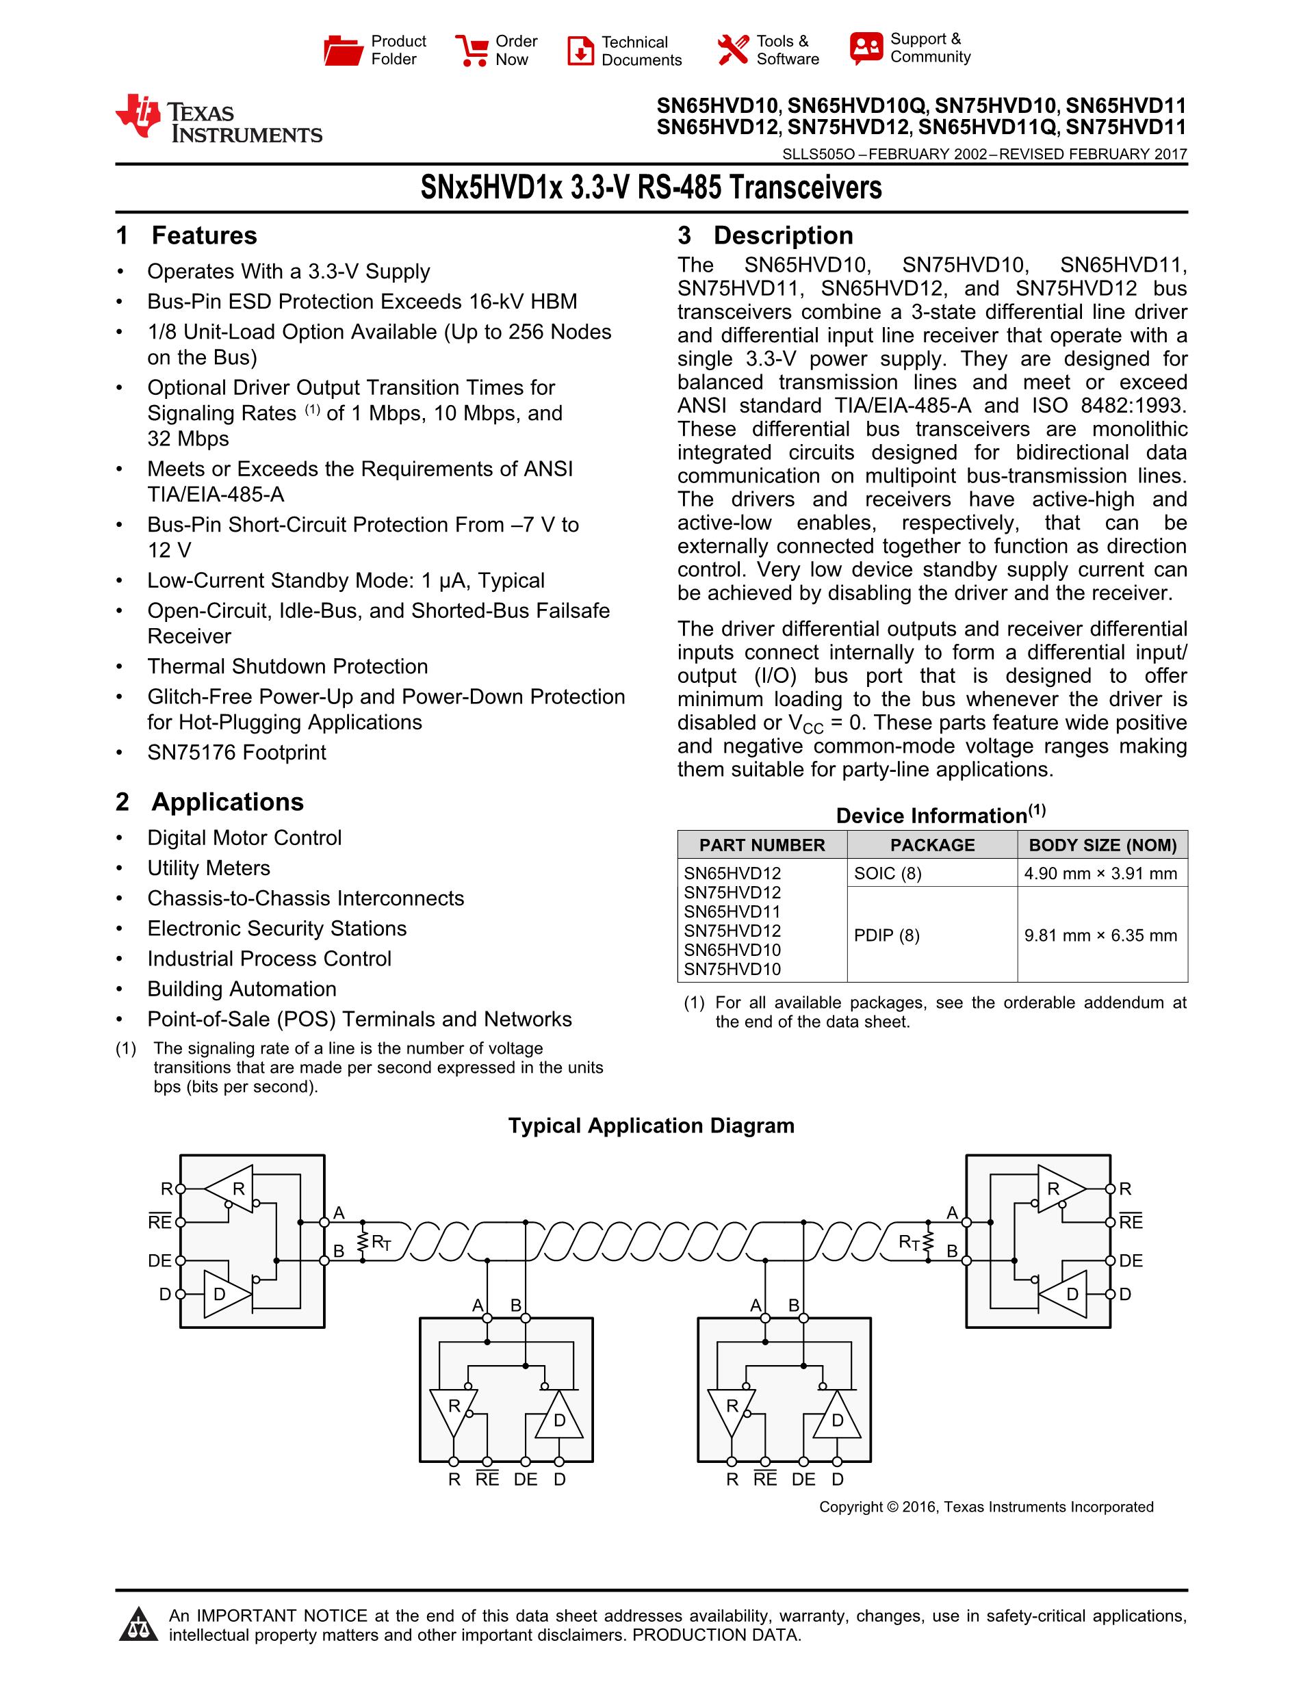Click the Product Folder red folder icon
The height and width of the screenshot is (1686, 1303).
pos(343,50)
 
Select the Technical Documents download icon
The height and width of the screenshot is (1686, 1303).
pos(580,51)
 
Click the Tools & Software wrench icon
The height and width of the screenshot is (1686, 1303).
pos(732,49)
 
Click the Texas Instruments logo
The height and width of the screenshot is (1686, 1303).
pos(218,119)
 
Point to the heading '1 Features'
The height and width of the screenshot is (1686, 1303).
pos(187,235)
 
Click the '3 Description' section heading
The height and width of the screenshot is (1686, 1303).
pos(765,235)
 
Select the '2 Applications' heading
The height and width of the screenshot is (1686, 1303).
pos(210,802)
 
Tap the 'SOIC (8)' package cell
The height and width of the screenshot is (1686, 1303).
pos(888,873)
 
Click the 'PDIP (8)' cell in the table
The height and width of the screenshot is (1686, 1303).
pos(887,935)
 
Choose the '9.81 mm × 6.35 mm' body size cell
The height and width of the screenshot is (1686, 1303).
pos(1100,935)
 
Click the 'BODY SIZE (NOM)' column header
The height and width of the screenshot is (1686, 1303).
pos(1102,844)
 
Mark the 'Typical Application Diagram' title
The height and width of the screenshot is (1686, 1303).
pos(651,1126)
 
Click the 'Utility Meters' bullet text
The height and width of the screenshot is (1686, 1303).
pos(209,868)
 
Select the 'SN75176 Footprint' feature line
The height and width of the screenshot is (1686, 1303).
pos(236,752)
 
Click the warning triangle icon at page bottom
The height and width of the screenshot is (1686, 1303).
pos(139,1624)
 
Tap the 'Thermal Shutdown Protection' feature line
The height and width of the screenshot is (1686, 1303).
pos(287,666)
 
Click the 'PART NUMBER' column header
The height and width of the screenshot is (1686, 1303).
pos(762,844)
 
